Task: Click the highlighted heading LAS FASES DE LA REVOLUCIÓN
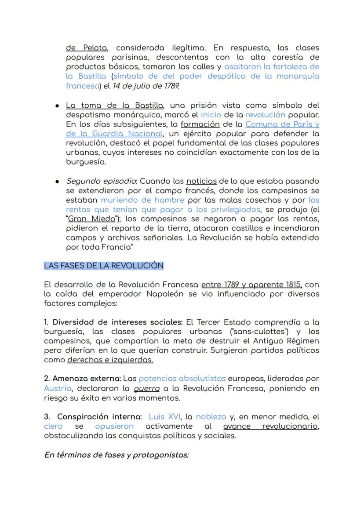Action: (x=104, y=266)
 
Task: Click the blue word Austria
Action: (x=58, y=388)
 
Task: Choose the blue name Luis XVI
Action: (x=165, y=417)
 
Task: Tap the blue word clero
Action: (x=53, y=427)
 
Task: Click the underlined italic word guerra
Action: (x=147, y=388)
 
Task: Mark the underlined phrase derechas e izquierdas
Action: (x=110, y=360)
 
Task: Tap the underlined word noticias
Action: (x=201, y=181)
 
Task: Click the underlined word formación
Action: (x=200, y=124)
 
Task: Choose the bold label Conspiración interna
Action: (x=99, y=417)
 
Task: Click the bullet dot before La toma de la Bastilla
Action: (x=58, y=106)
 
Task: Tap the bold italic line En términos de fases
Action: (x=116, y=455)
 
